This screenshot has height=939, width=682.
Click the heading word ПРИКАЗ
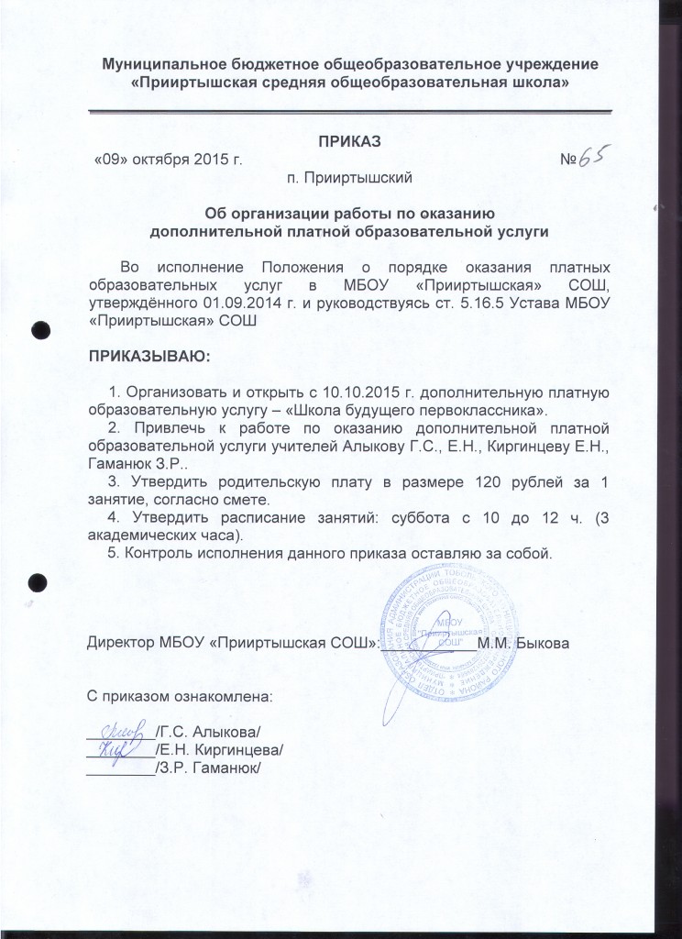(x=348, y=141)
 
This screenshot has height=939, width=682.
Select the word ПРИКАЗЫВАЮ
(x=148, y=353)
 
